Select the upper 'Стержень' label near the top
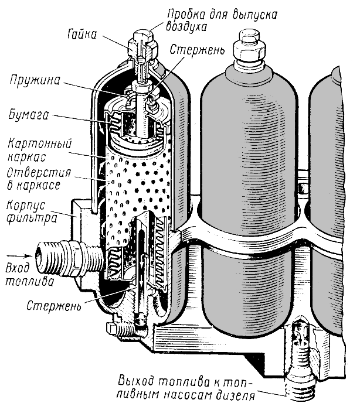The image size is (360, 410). coord(197,51)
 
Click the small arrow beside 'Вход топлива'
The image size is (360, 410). coord(18,256)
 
